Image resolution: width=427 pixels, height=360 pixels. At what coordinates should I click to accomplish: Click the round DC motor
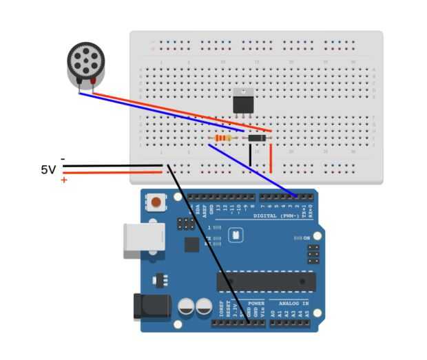click(87, 63)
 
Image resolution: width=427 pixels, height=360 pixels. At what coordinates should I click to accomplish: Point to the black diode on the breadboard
click(256, 139)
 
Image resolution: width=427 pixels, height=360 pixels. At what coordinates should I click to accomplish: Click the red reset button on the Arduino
click(158, 202)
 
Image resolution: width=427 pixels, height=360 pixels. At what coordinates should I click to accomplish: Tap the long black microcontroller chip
click(266, 282)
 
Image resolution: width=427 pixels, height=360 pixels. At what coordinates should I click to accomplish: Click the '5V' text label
click(48, 169)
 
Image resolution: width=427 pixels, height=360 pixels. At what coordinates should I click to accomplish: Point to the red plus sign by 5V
click(64, 180)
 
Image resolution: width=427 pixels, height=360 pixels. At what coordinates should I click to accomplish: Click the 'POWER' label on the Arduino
click(256, 303)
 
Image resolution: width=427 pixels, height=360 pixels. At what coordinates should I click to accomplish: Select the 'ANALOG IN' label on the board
click(294, 303)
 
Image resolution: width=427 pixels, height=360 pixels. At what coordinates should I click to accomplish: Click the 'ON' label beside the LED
click(306, 238)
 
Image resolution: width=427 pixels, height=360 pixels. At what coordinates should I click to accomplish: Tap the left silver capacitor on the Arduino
click(186, 308)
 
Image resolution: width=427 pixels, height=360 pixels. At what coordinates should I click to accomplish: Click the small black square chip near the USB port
click(191, 245)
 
